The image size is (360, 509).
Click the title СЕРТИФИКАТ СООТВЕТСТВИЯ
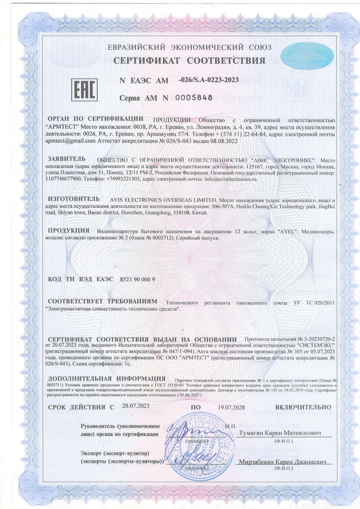[189, 61]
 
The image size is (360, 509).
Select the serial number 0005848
[194, 97]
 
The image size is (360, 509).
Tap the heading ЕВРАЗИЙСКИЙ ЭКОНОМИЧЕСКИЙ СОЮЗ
[189, 48]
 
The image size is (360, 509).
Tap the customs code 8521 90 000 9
[138, 279]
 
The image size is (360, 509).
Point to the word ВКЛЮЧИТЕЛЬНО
[304, 407]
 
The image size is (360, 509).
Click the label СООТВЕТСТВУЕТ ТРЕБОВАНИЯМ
[102, 302]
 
